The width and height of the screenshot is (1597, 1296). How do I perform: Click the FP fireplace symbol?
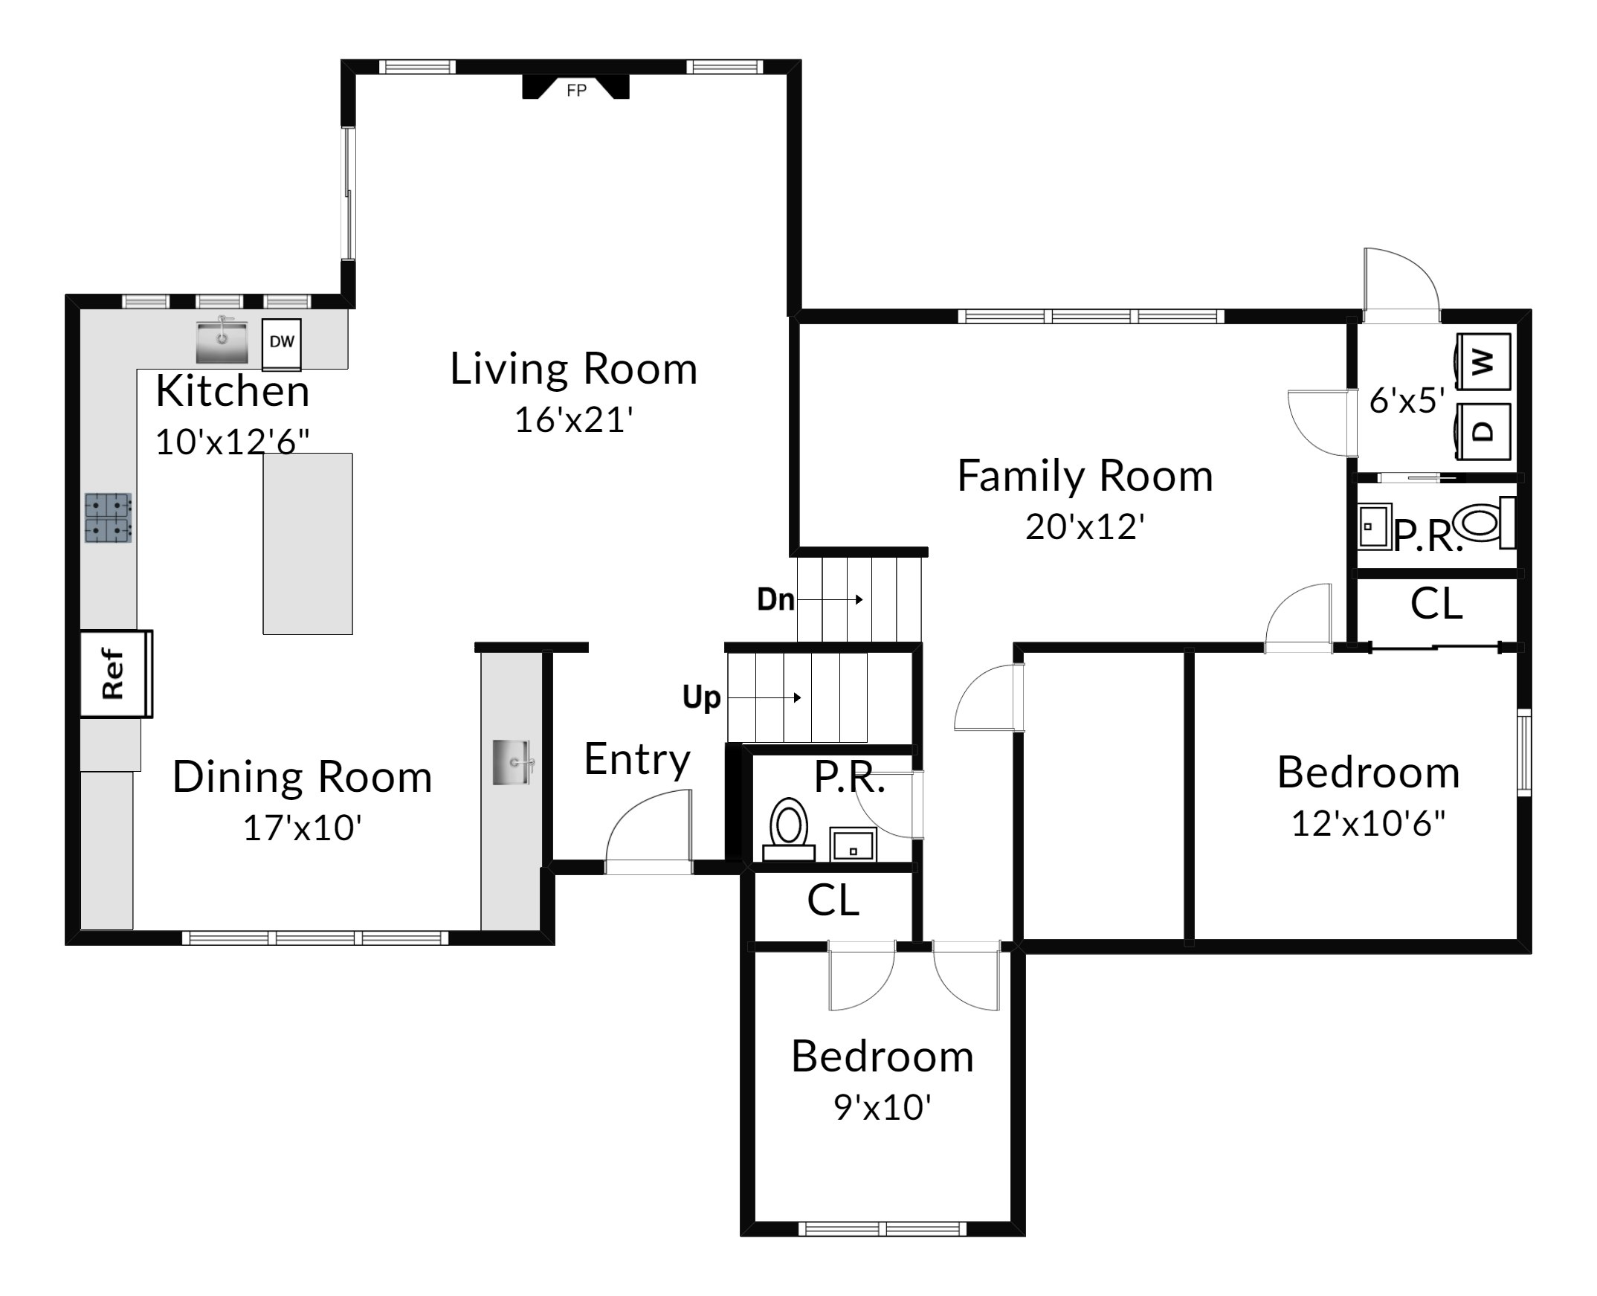coord(575,86)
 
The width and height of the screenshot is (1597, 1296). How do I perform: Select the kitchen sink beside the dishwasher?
coord(222,341)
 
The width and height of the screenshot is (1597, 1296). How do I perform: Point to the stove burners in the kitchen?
coord(109,518)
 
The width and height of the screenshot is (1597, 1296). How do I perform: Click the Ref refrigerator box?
coord(116,674)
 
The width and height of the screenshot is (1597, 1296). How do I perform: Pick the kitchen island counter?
coord(308,544)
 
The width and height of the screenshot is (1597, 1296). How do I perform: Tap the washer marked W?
coord(1484,362)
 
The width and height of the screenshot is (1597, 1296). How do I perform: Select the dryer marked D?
coord(1484,431)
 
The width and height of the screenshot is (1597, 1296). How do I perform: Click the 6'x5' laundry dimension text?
coord(1407,401)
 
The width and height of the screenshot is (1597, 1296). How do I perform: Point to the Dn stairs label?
coord(775,599)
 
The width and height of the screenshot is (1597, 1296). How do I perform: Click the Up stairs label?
coord(701,697)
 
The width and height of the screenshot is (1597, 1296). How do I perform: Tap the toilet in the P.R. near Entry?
coord(788,831)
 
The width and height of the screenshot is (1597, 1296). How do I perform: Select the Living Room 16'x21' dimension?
coord(573,419)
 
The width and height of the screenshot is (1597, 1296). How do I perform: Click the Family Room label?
coord(1085,476)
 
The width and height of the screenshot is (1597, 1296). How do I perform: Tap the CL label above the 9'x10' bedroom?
coord(833,900)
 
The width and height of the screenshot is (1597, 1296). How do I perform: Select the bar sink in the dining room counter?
coord(513,762)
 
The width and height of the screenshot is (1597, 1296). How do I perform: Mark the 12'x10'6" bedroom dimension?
coord(1369,822)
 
